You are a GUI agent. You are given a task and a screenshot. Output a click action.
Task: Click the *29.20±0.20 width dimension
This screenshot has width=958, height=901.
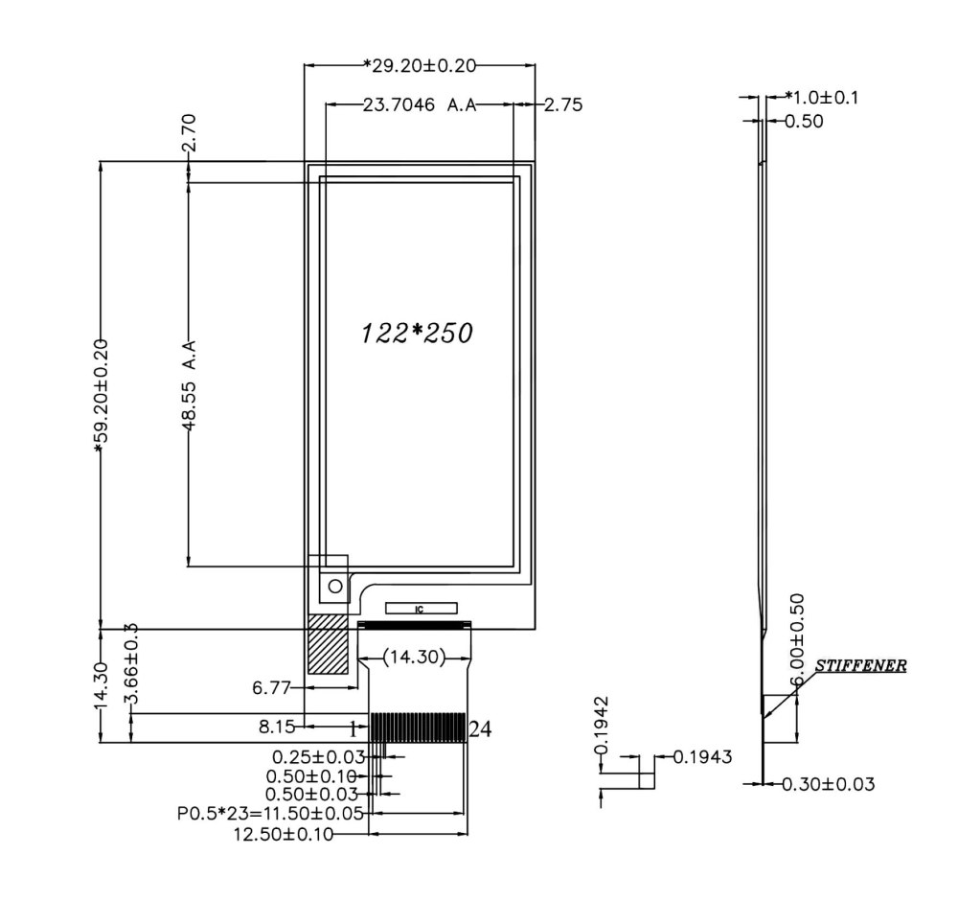(x=419, y=65)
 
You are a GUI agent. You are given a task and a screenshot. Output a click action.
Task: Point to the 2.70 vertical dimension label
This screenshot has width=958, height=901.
(x=189, y=133)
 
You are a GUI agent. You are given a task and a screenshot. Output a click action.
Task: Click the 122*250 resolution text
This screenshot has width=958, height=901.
(x=417, y=333)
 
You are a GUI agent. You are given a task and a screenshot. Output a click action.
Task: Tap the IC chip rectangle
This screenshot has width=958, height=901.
(x=421, y=609)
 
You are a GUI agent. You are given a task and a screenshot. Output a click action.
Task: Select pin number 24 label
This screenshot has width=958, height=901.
(x=480, y=729)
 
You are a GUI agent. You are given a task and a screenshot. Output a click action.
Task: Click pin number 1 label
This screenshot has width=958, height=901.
(x=353, y=729)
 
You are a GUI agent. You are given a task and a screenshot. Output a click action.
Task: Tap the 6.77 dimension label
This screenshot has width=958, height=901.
(x=271, y=687)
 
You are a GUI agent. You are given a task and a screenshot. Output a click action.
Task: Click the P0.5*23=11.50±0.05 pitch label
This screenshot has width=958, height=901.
(x=270, y=814)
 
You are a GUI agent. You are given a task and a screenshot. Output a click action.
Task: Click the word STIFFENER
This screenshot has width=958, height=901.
(x=860, y=665)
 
